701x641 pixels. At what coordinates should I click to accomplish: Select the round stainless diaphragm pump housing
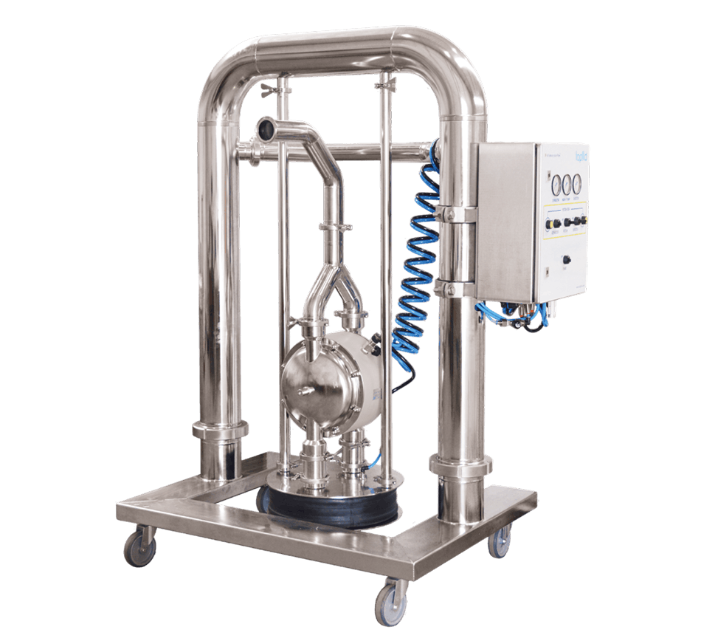tap(325, 369)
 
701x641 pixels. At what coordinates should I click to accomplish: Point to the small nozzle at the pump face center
tap(300, 387)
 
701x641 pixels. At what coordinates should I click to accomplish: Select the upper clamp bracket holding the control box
tap(457, 213)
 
